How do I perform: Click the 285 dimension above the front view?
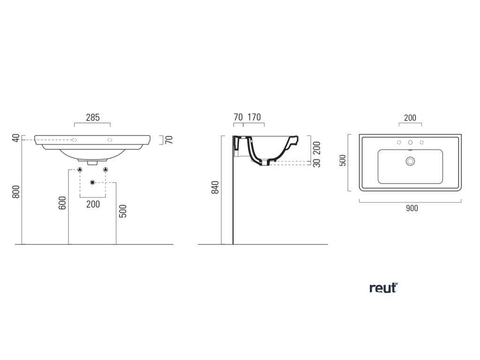tap(92, 117)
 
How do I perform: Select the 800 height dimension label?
tap(16, 192)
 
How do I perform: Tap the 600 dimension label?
tap(62, 202)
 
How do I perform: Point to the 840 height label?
tap(215, 187)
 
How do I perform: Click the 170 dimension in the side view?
tap(254, 117)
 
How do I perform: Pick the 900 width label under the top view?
tap(411, 208)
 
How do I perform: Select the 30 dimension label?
tap(316, 164)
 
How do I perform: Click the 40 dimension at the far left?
tap(16, 138)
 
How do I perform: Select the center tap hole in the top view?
tap(410, 142)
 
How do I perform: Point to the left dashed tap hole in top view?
tap(399, 142)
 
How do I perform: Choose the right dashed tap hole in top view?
tap(421, 142)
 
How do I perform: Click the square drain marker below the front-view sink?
tap(92, 182)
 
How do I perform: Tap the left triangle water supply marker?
tap(80, 169)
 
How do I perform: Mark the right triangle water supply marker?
tap(105, 169)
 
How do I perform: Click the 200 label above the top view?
tap(410, 118)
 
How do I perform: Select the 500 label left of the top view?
tap(342, 161)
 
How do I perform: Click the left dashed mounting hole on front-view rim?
tap(75, 140)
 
